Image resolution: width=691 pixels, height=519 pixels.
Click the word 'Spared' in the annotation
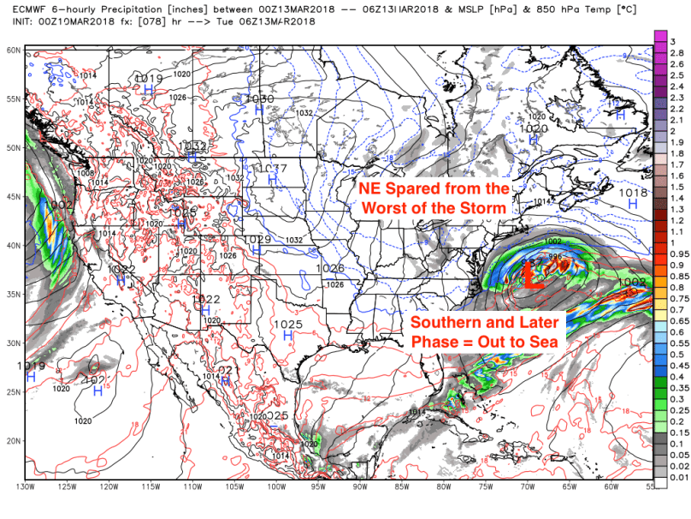(437, 188)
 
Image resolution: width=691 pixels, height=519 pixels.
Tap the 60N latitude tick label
(12, 51)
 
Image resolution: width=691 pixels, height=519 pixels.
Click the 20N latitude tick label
(12, 440)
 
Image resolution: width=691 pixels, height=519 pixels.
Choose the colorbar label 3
(673, 41)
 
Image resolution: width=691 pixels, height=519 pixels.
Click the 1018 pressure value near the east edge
(632, 194)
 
